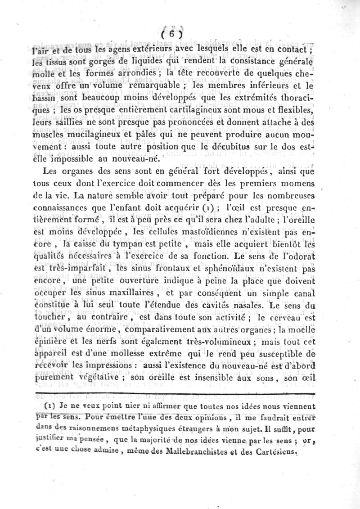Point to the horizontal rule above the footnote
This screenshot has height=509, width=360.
[x=180, y=393]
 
